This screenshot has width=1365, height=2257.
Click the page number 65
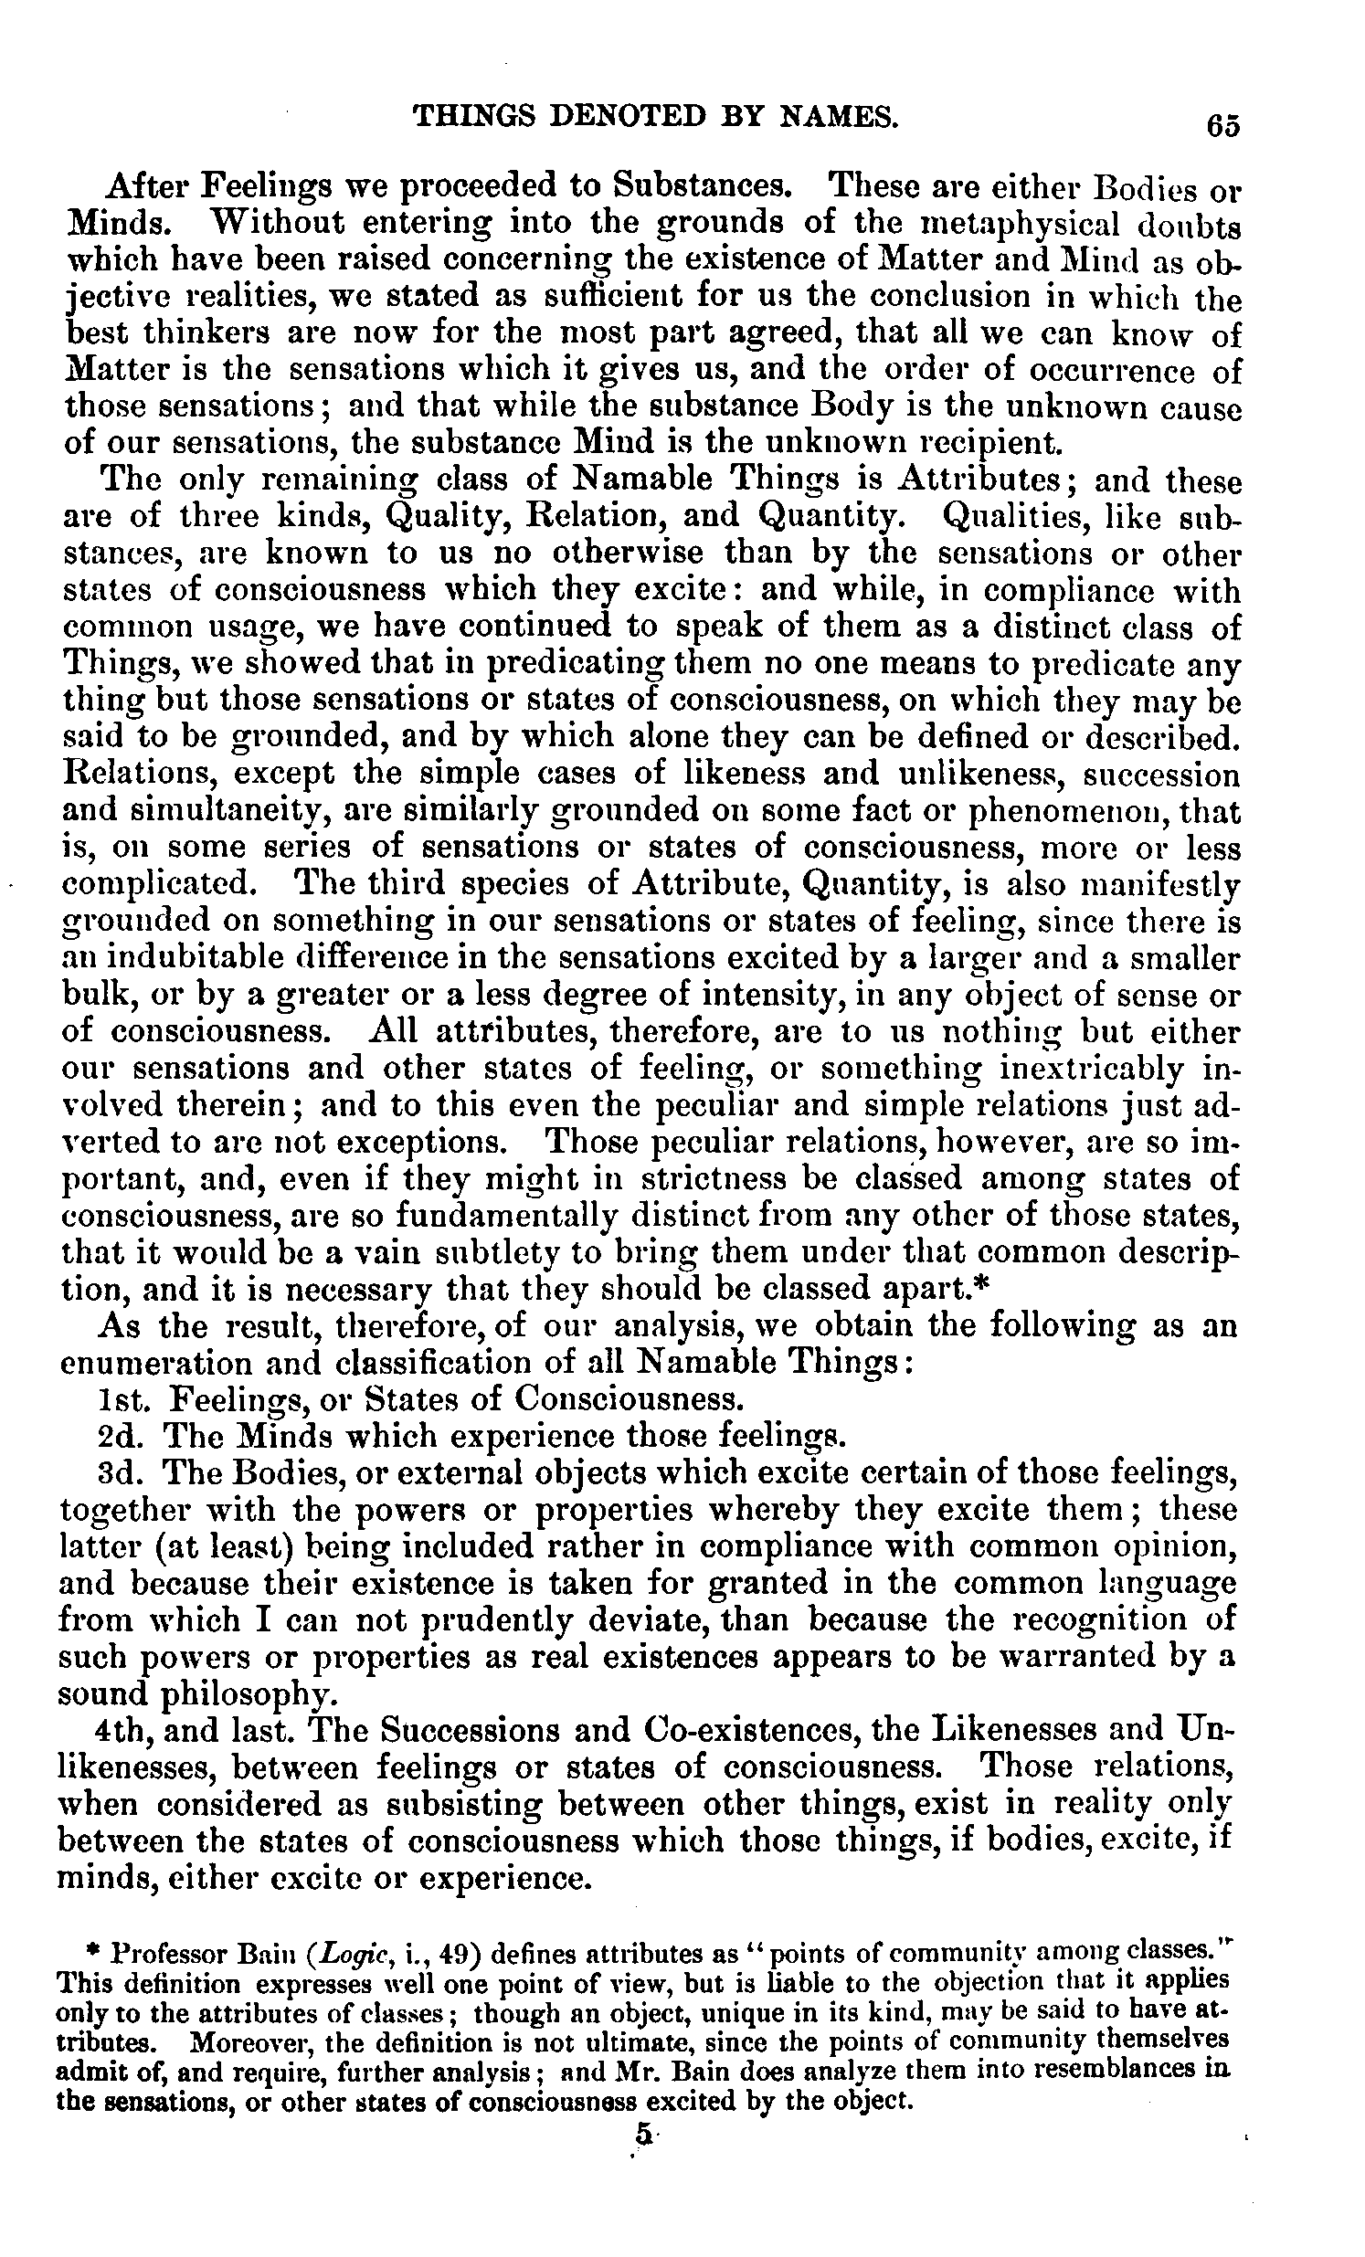1223,123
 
